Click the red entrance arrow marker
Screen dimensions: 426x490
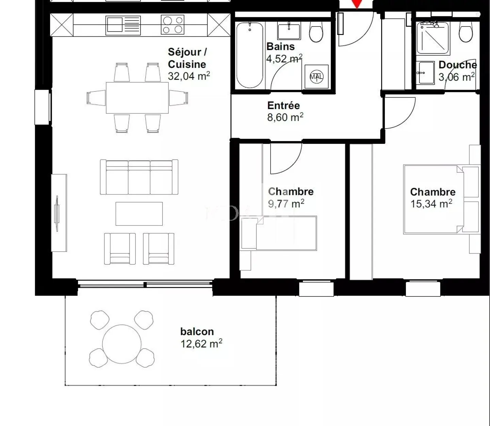tap(356, 4)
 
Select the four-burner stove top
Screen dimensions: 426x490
tap(173, 25)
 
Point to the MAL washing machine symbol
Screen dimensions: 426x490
tap(316, 76)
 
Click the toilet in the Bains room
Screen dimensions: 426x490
tap(316, 31)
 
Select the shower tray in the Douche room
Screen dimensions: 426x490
tap(433, 37)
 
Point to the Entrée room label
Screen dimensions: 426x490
tap(283, 105)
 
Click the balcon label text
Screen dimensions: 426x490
tap(197, 331)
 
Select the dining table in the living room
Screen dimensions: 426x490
tap(137, 98)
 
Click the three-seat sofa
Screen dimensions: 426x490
tap(139, 177)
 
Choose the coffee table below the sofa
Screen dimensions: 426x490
tap(139, 214)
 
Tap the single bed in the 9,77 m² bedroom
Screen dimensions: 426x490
tap(279, 234)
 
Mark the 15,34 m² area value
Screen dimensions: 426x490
tap(431, 204)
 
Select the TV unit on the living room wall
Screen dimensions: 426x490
tap(59, 213)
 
